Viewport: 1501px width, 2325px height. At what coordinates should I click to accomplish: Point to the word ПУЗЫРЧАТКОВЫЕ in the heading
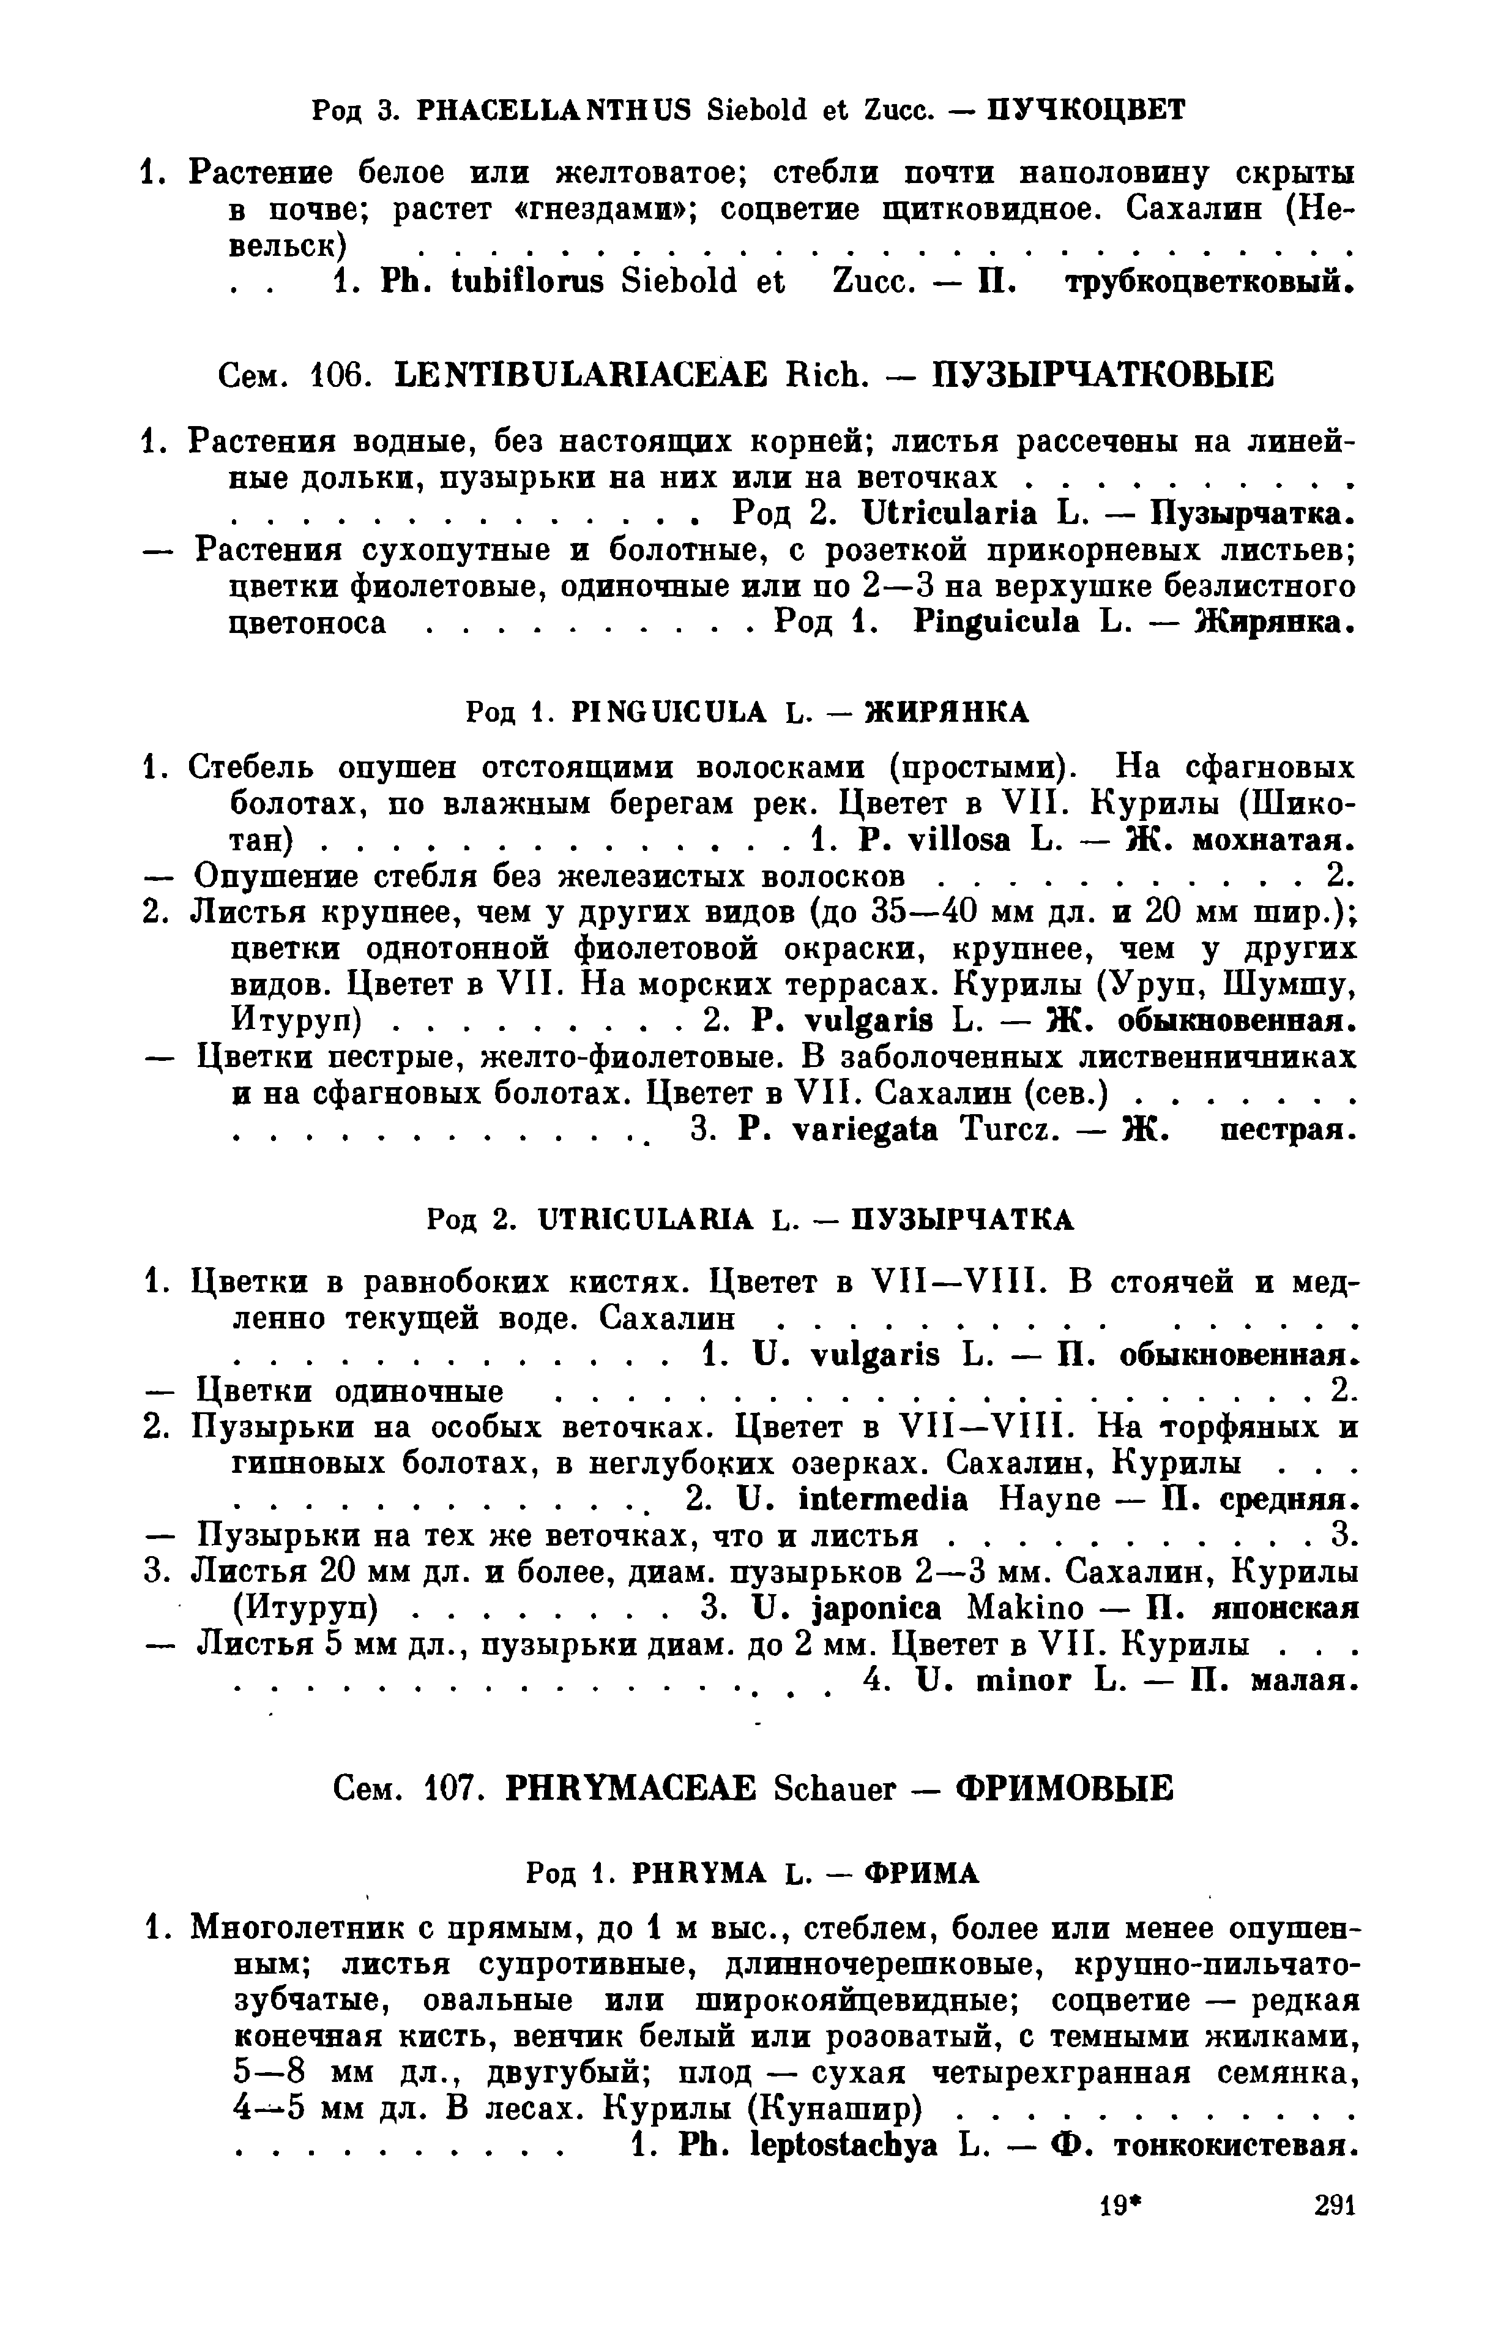(x=1103, y=375)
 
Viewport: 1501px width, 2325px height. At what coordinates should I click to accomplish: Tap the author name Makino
(x=1019, y=1609)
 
